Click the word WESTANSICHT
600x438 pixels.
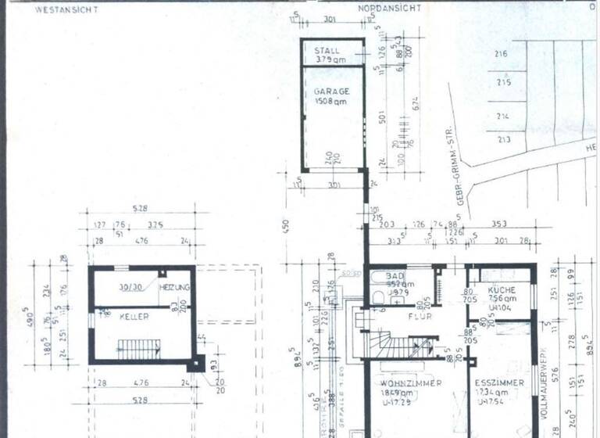[x=65, y=10]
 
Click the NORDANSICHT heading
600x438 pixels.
[x=390, y=8]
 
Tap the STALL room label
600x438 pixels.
[x=327, y=50]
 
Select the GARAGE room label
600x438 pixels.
[x=332, y=92]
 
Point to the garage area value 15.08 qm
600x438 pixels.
[x=332, y=102]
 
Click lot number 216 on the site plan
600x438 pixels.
[x=502, y=54]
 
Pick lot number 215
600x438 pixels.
[x=503, y=82]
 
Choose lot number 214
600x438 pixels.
[x=503, y=116]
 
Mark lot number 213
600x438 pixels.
[x=503, y=140]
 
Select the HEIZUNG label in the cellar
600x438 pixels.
[x=175, y=288]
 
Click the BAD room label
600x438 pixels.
[x=395, y=277]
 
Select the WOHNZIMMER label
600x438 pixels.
[x=411, y=383]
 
